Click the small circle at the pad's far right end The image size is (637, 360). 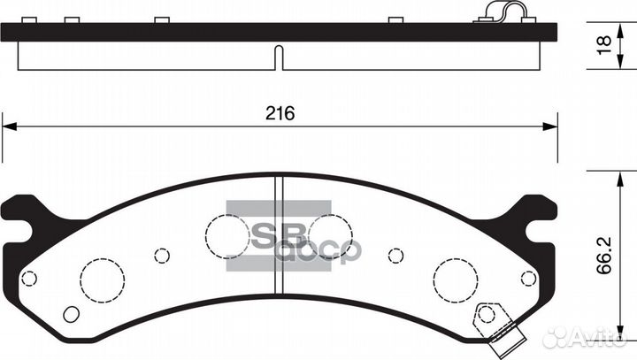[528, 278]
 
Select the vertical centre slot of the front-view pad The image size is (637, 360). [280, 234]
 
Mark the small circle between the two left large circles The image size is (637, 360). [161, 256]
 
